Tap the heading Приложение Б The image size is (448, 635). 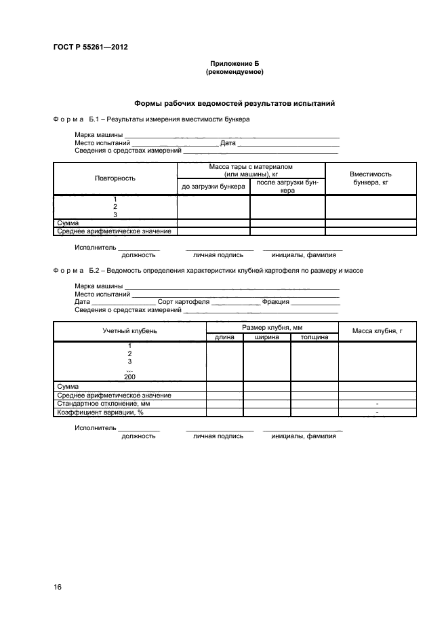(235, 63)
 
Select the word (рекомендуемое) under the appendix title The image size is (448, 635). (235, 72)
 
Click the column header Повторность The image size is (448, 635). (115, 178)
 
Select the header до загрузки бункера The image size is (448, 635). (213, 186)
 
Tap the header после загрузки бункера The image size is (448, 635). (287, 187)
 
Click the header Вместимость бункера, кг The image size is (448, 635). (370, 178)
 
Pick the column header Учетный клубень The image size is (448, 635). (129, 330)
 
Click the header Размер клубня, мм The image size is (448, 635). (272, 328)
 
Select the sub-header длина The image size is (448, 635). (224, 337)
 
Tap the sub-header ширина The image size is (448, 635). (266, 337)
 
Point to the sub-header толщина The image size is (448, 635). (314, 337)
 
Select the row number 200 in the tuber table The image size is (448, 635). (129, 377)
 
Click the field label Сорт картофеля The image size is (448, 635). (182, 302)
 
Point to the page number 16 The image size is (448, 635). (58, 587)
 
